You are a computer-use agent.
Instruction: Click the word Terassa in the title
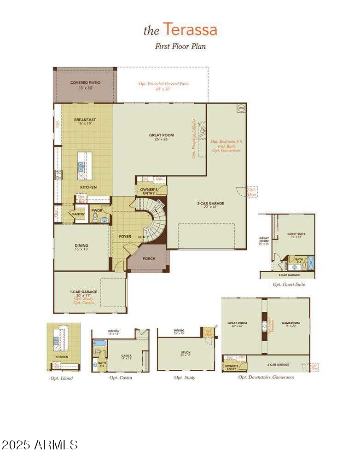[x=190, y=30]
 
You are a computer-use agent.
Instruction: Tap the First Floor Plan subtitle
[x=180, y=46]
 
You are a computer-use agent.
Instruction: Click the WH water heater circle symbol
[x=241, y=108]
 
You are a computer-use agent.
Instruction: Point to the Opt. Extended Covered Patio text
[x=163, y=86]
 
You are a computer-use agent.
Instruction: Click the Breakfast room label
[x=85, y=120]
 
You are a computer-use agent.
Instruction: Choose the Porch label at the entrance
[x=149, y=259]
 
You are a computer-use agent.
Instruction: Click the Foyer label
[x=125, y=237]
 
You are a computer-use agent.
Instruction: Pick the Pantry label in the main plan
[x=78, y=214]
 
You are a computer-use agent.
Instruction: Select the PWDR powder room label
[x=97, y=210]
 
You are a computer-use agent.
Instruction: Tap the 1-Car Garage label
[x=83, y=292]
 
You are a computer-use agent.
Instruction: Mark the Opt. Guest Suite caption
[x=289, y=285]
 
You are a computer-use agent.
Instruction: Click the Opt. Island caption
[x=62, y=378]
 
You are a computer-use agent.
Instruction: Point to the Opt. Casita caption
[x=121, y=378]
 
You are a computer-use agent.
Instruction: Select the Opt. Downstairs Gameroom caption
[x=266, y=377]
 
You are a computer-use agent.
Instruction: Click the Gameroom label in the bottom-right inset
[x=290, y=323]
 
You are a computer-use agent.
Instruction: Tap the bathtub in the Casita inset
[x=99, y=343]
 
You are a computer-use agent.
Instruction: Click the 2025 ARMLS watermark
[x=40, y=445]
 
